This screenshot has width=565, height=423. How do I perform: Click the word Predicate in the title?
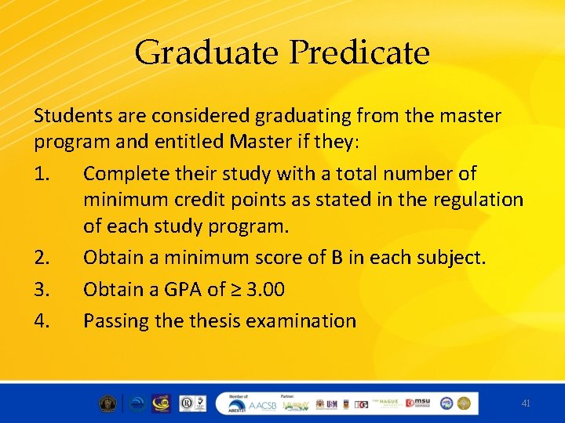click(x=360, y=53)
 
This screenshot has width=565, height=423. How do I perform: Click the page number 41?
click(x=526, y=403)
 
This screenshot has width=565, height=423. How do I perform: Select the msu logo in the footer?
click(x=417, y=403)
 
